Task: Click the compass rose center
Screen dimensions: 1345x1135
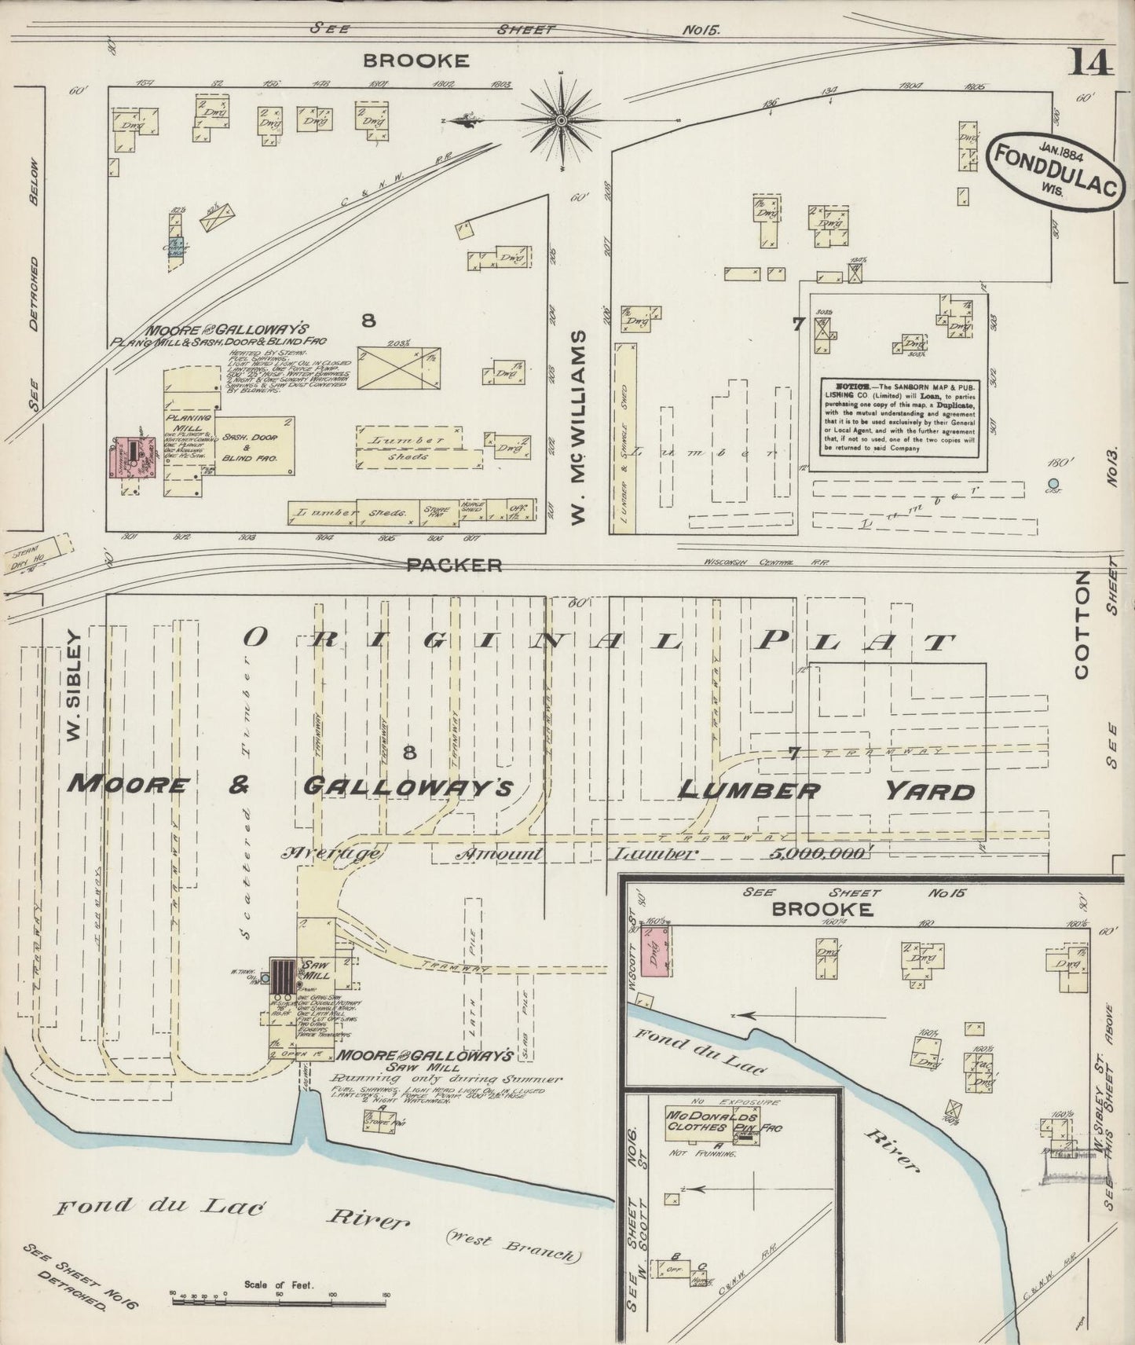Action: (562, 120)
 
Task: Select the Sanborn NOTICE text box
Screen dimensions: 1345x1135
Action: (899, 418)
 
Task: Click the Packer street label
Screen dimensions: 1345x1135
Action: (454, 565)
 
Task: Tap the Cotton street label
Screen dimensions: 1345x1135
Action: (1082, 625)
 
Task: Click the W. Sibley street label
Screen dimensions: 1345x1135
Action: (75, 684)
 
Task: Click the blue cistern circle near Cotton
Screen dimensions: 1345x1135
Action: (1053, 483)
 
